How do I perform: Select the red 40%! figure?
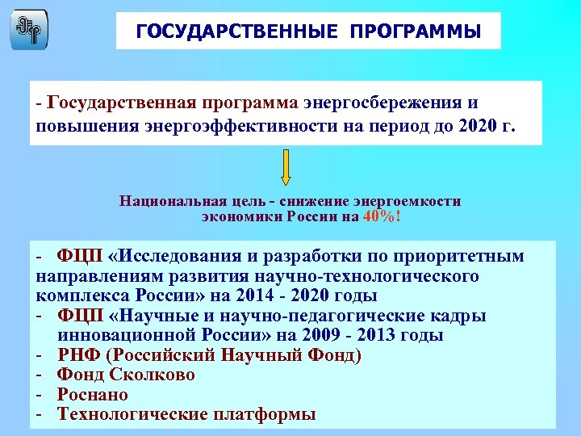(382, 216)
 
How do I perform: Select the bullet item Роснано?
(93, 395)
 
